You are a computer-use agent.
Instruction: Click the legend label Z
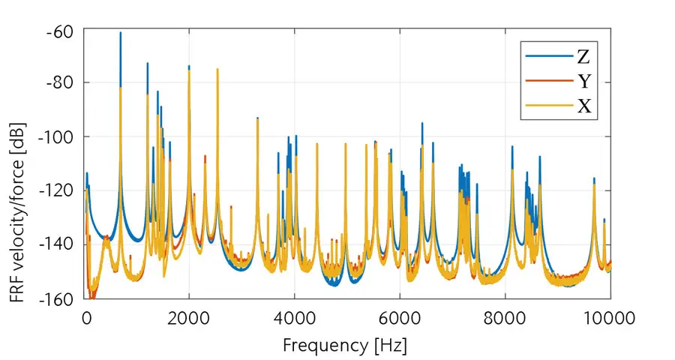coord(583,57)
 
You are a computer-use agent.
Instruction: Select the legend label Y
coord(583,82)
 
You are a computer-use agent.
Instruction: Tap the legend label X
coord(583,107)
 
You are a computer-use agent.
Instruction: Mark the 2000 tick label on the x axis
coord(189,318)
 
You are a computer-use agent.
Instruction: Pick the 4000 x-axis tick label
coord(294,318)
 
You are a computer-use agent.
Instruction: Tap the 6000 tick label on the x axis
coord(400,318)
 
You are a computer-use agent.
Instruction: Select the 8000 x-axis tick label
coord(505,318)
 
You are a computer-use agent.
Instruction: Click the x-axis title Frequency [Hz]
coord(344,346)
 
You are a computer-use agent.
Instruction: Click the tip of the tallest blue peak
coord(120,33)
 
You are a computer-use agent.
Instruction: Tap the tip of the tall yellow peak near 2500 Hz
coord(217,69)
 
